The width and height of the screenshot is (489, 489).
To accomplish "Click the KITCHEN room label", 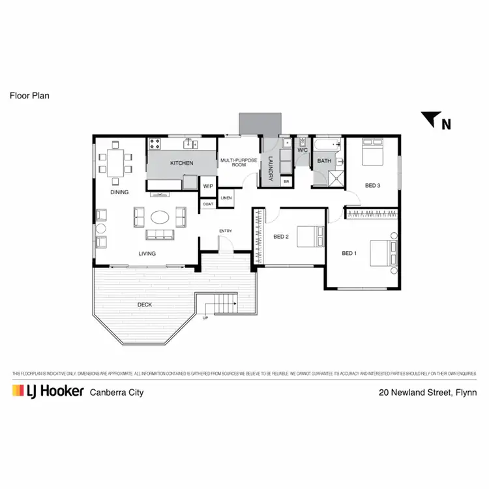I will pyautogui.click(x=182, y=163).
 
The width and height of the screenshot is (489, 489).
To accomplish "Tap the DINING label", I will pyautogui.click(x=119, y=192).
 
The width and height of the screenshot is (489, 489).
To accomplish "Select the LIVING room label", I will pyautogui.click(x=147, y=254).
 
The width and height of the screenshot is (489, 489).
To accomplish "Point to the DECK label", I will pyautogui.click(x=145, y=304).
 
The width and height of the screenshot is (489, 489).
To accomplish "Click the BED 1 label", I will pyautogui.click(x=349, y=253).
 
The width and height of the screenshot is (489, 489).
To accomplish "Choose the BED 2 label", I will pyautogui.click(x=280, y=237).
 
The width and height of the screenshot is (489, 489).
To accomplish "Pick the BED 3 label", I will pyautogui.click(x=372, y=186).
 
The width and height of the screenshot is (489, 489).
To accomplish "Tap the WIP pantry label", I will pyautogui.click(x=209, y=186).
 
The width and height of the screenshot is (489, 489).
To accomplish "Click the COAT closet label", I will pyautogui.click(x=208, y=204).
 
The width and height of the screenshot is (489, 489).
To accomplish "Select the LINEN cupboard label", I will pyautogui.click(x=226, y=198).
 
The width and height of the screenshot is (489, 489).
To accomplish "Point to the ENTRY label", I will pyautogui.click(x=226, y=231).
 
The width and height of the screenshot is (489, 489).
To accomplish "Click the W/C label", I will pyautogui.click(x=303, y=151).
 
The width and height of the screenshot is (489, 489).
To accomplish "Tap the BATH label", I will pyautogui.click(x=324, y=161).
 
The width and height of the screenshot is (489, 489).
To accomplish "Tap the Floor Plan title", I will pyautogui.click(x=30, y=95).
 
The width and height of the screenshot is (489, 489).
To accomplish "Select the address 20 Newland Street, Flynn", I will pyautogui.click(x=428, y=393).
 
